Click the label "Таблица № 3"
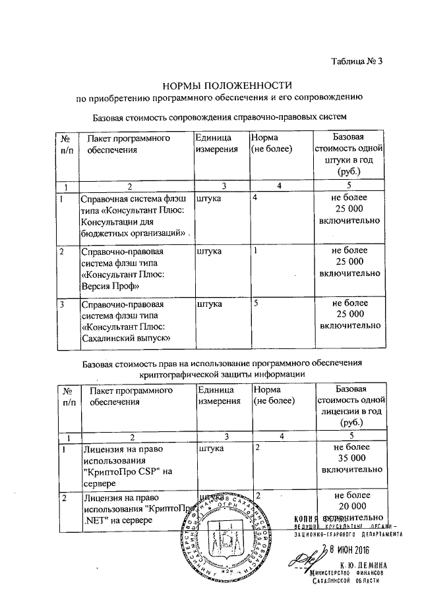tap(357, 63)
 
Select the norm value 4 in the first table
tap(255, 198)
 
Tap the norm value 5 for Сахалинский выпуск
tap(255, 304)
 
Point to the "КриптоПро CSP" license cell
tap(128, 466)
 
